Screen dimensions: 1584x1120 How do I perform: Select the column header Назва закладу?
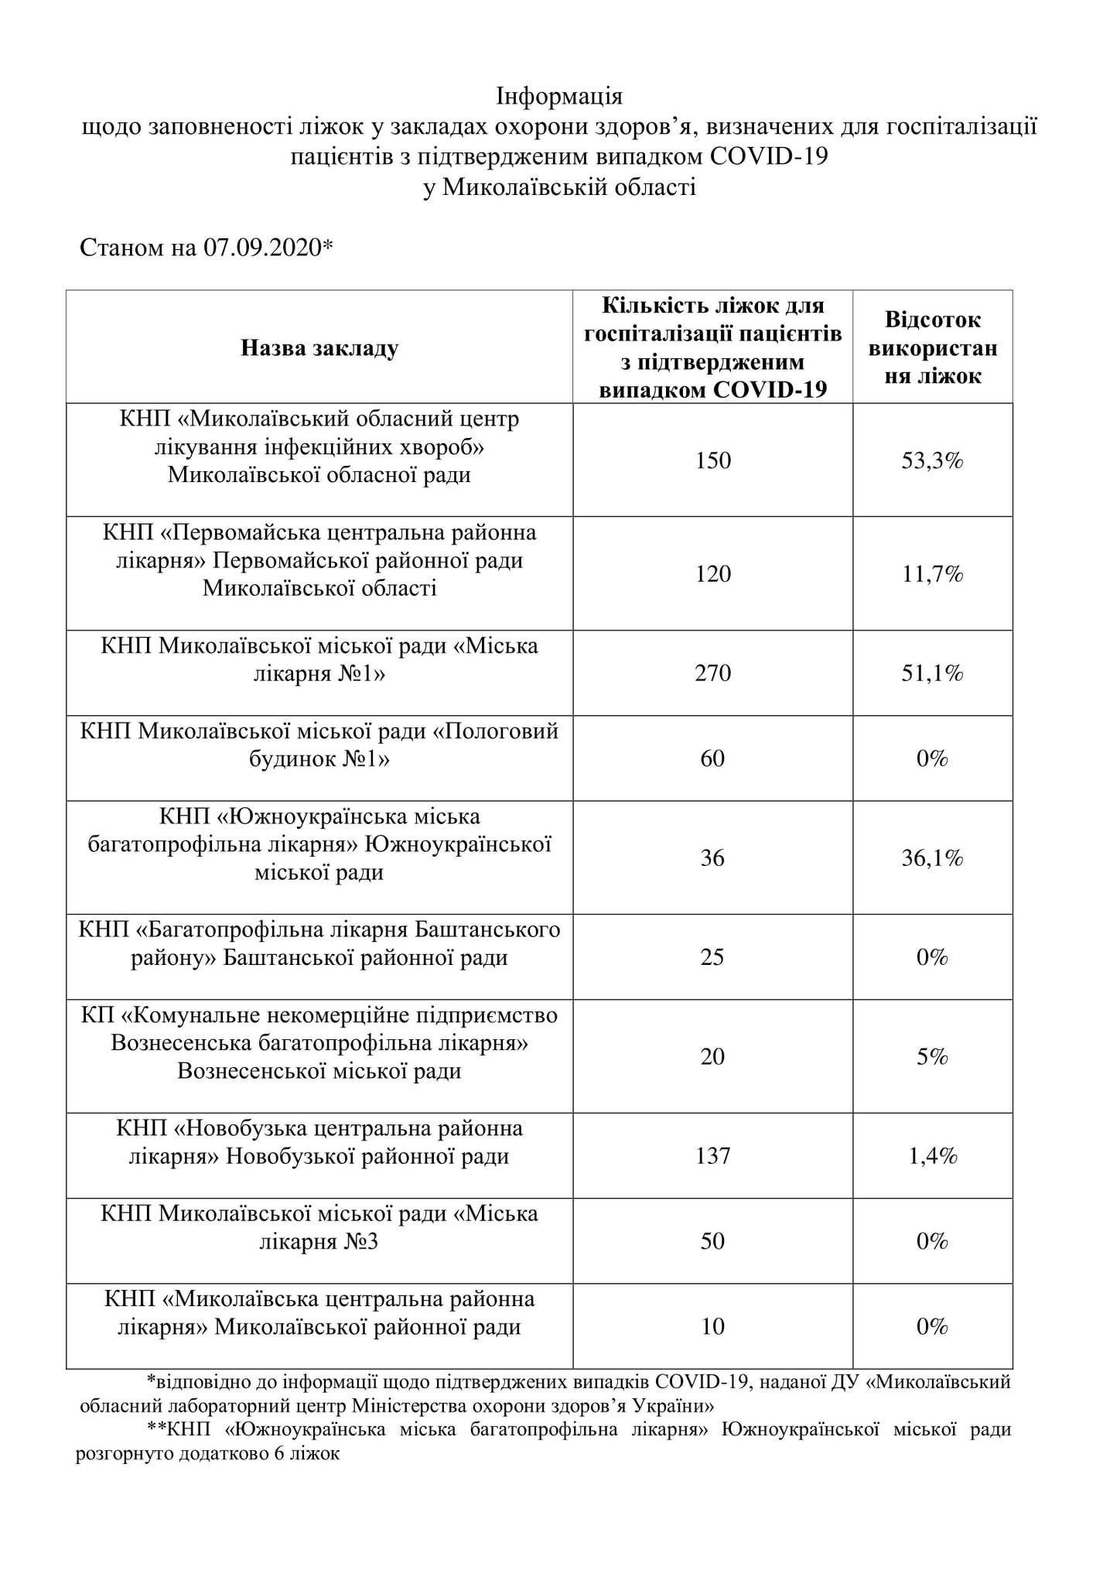[x=319, y=348]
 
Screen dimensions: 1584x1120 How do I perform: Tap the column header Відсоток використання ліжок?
[x=933, y=348]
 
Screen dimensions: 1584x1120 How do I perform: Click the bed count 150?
[x=712, y=461]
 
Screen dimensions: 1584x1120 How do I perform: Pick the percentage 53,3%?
[x=932, y=461]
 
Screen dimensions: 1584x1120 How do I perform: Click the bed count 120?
[x=712, y=574]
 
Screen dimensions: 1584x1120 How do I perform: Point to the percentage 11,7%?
[x=932, y=574]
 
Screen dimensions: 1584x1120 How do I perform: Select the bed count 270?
[x=712, y=673]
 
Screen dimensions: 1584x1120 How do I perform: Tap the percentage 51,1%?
[x=932, y=673]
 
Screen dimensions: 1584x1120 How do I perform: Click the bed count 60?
[x=712, y=758]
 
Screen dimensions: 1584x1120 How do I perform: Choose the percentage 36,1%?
[x=932, y=858]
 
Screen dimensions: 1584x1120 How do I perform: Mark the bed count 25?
[x=712, y=958]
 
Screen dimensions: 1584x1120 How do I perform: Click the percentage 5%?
[x=932, y=1057]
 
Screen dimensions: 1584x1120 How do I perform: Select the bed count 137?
[x=712, y=1156]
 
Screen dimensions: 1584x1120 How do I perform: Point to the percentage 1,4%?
[x=932, y=1156]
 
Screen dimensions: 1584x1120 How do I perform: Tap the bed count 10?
[x=712, y=1327]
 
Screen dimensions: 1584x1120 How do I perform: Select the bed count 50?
[x=712, y=1242]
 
